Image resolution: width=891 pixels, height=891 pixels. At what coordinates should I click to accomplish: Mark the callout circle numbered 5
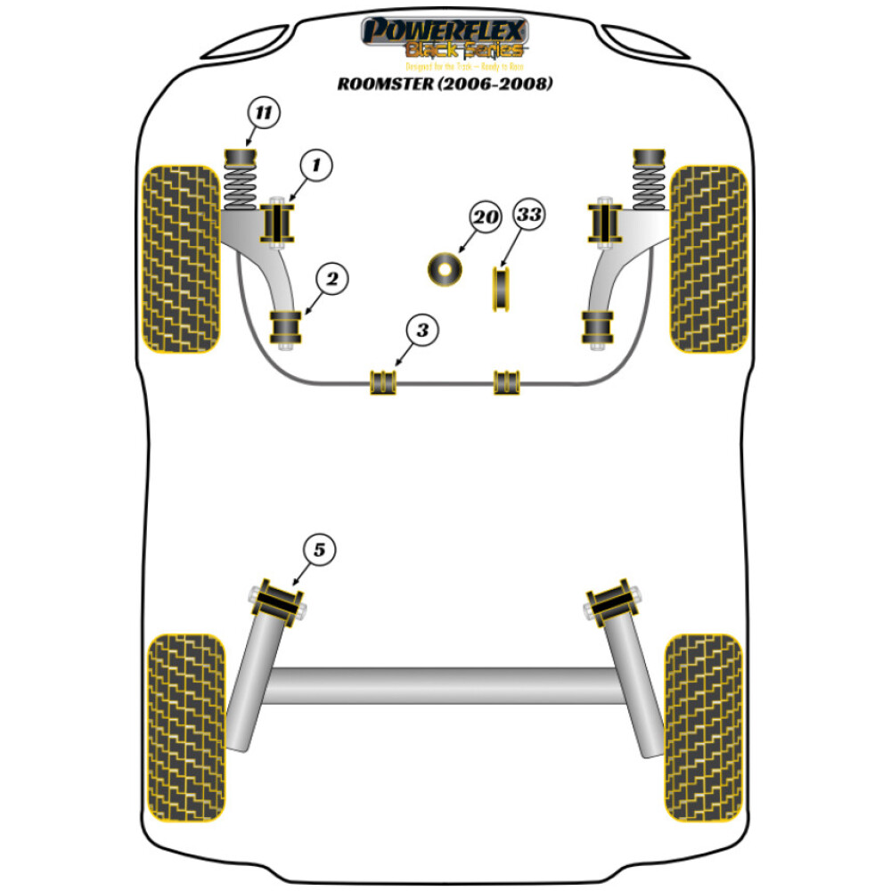pos(319,551)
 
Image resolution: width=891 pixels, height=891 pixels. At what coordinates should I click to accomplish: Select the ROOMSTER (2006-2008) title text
pos(445,85)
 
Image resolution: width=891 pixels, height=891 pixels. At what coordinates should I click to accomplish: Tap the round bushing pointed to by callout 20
pos(445,270)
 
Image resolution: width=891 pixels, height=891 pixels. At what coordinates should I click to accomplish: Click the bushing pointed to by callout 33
pos(502,290)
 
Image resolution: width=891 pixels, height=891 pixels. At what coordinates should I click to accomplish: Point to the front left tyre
pos(182,258)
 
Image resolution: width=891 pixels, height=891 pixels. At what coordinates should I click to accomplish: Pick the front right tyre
pos(708,258)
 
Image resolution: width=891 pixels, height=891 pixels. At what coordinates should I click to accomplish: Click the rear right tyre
pos(703,727)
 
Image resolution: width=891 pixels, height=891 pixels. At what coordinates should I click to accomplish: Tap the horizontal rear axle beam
pos(445,685)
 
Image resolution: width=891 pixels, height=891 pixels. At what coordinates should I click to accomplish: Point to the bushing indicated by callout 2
pos(286,330)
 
